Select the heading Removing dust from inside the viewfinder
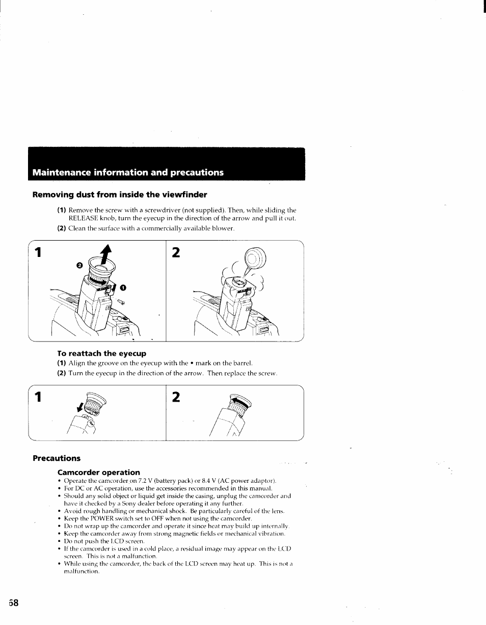point(120,195)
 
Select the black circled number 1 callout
point(123,288)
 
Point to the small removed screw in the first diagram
point(121,303)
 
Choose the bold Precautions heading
point(57,458)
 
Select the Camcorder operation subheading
point(98,472)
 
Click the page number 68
point(13,603)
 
